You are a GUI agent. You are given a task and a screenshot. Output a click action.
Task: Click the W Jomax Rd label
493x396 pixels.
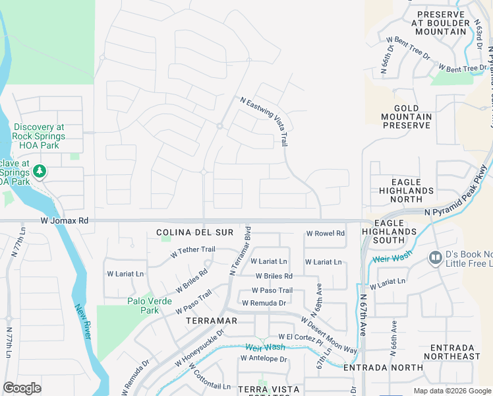pyautogui.click(x=64, y=220)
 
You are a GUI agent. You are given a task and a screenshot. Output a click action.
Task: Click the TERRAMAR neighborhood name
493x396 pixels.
pyautogui.click(x=211, y=319)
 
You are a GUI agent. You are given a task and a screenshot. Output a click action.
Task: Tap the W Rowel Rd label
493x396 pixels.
pyautogui.click(x=326, y=234)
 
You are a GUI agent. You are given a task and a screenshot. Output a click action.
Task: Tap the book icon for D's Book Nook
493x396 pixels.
pyautogui.click(x=435, y=258)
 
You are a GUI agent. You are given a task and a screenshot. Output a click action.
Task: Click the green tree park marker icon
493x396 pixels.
pyautogui.click(x=40, y=172)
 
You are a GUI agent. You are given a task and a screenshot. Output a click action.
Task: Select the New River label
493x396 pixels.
pyautogui.click(x=82, y=321)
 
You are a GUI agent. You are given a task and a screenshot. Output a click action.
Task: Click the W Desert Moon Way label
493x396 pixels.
pyautogui.click(x=329, y=335)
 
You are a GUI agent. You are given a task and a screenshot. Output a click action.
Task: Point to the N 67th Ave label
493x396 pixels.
pyautogui.click(x=363, y=317)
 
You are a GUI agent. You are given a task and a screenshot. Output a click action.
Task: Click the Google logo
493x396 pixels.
pyautogui.click(x=22, y=388)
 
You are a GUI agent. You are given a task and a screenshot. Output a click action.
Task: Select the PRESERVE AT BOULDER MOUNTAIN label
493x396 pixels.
pyautogui.click(x=442, y=22)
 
